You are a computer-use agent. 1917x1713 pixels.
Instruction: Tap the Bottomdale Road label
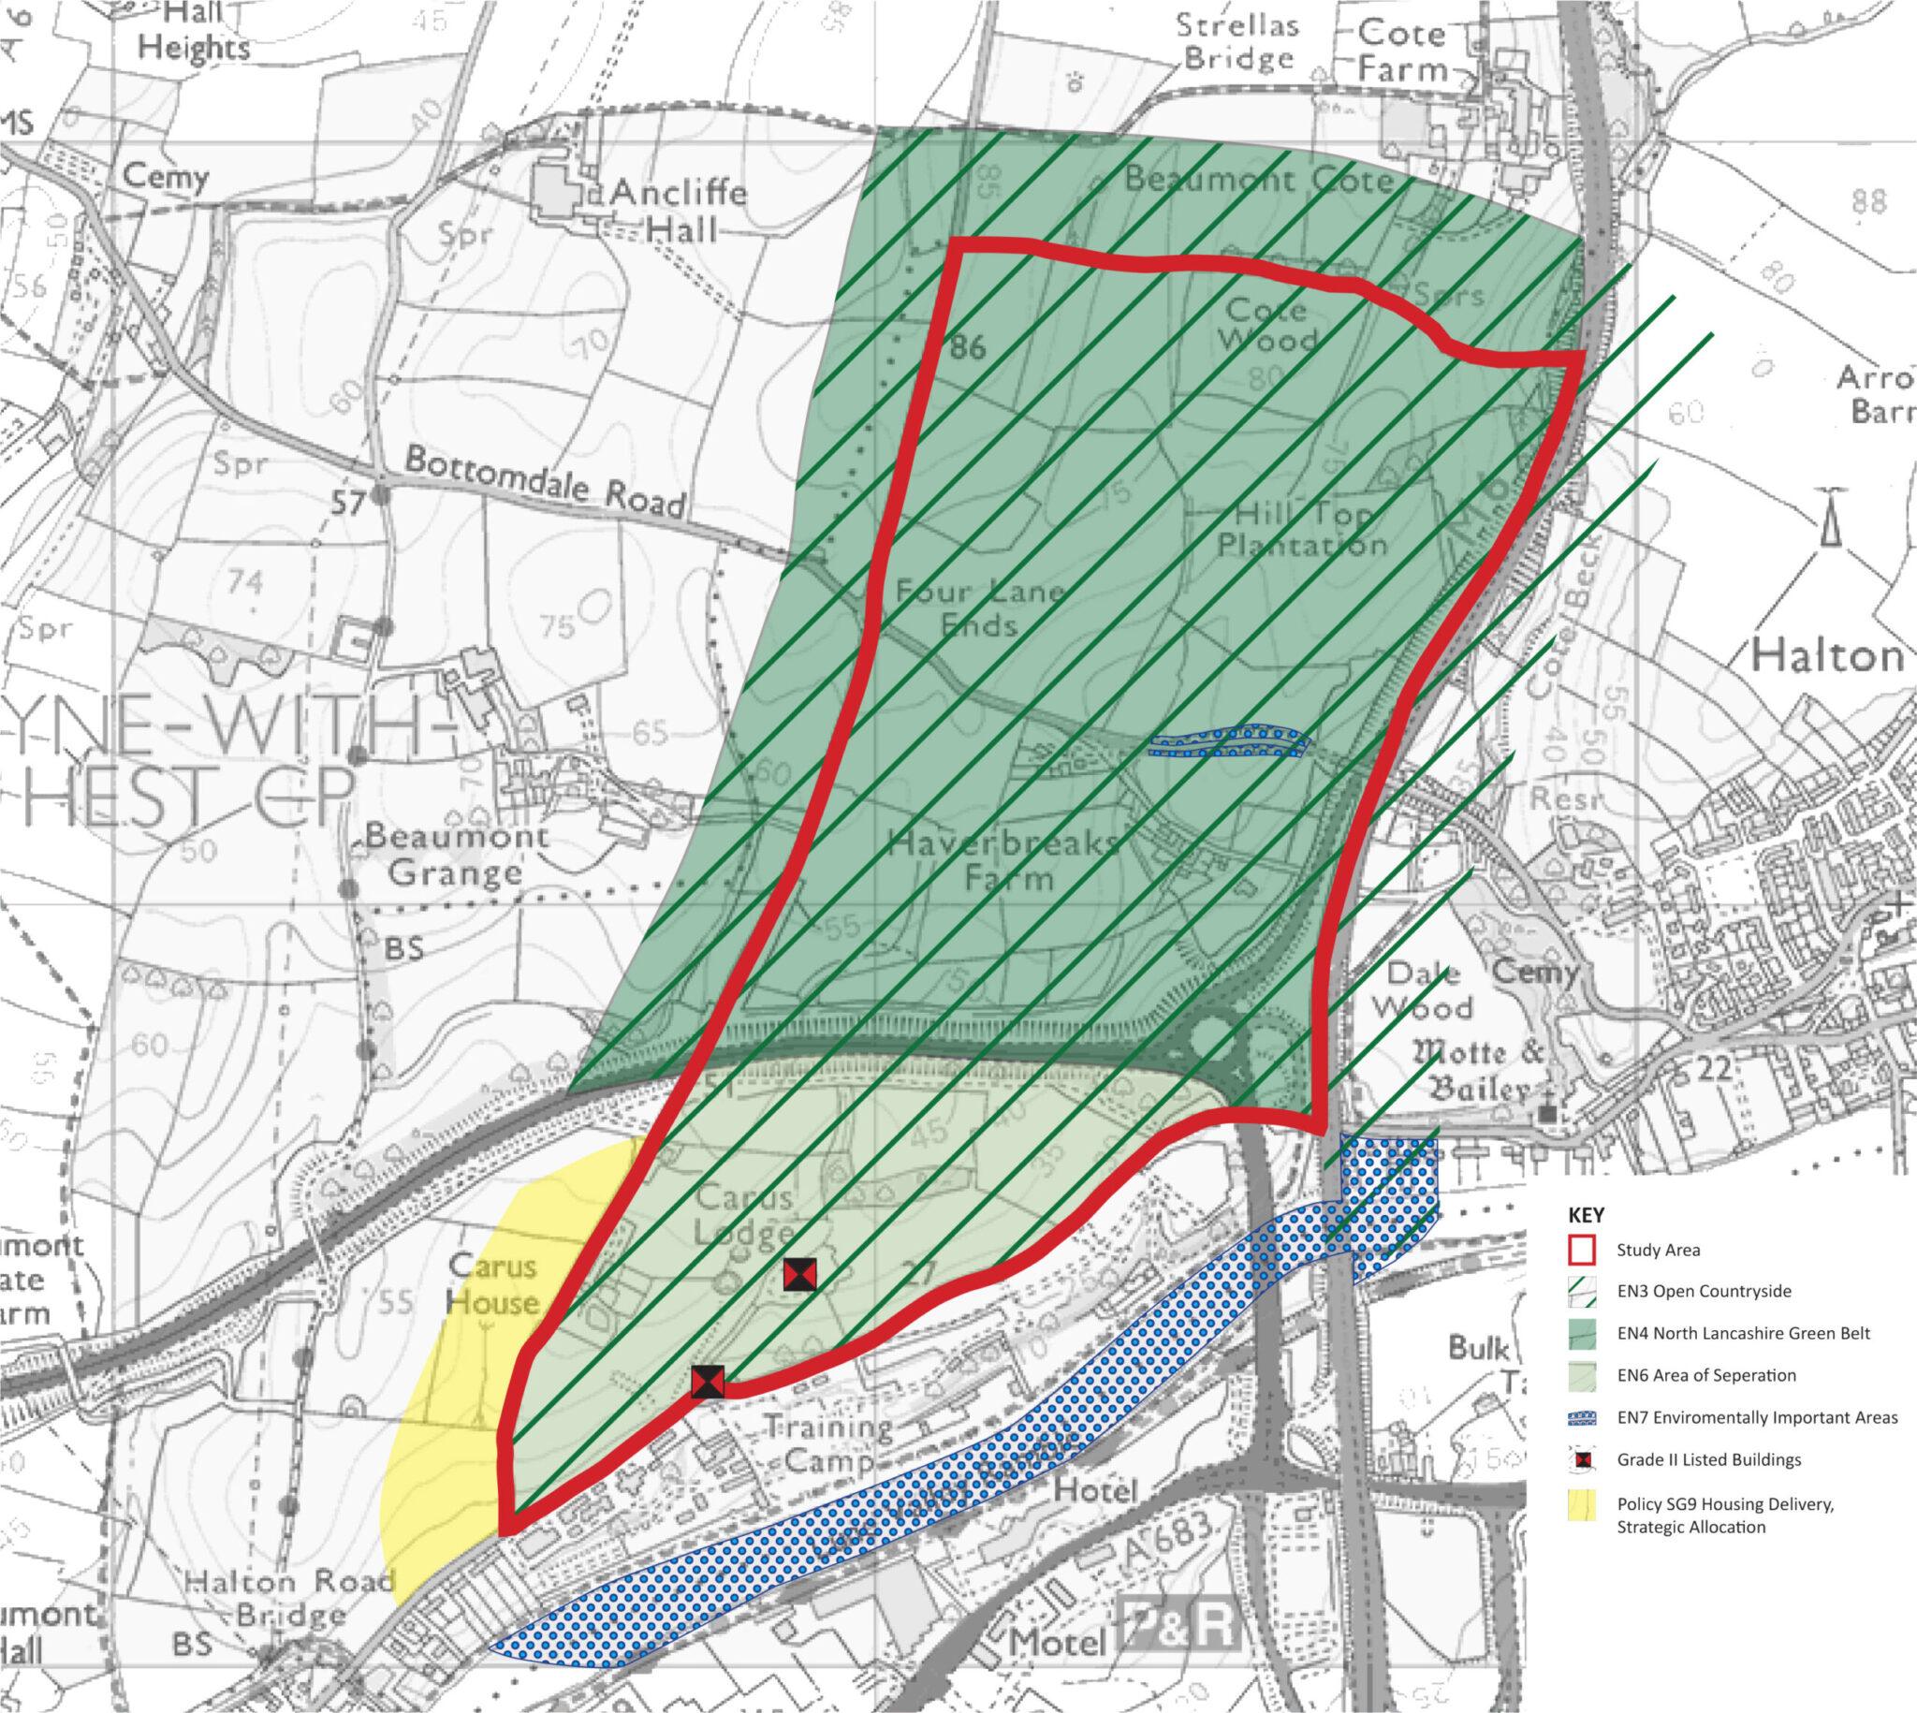point(545,481)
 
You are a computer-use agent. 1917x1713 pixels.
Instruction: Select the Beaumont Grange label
point(457,854)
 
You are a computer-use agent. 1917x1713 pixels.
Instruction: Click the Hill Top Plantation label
point(1301,529)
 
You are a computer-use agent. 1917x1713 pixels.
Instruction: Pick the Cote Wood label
point(1266,324)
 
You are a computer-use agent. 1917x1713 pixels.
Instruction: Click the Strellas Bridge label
point(1238,41)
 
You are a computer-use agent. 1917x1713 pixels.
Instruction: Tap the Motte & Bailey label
point(1480,1070)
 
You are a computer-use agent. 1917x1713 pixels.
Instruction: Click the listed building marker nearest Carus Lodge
point(799,1274)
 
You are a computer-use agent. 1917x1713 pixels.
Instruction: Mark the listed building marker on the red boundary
point(708,1382)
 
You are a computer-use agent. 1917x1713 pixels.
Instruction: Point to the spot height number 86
point(968,347)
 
